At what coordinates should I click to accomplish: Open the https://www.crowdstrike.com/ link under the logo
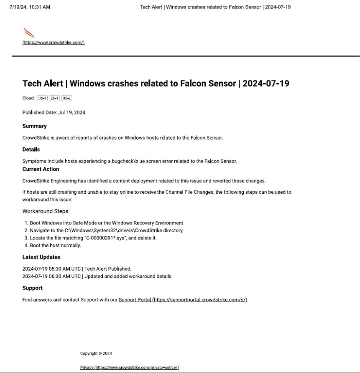[x=54, y=43]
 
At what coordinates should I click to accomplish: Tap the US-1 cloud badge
[x=42, y=99]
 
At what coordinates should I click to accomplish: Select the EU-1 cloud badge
[x=54, y=99]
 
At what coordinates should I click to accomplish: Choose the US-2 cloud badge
[x=67, y=99]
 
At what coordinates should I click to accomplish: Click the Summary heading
[x=34, y=126]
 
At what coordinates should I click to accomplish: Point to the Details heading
[x=31, y=149]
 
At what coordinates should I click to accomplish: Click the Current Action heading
[x=41, y=169]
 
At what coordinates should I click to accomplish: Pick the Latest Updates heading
[x=41, y=257]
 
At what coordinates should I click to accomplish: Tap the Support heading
[x=32, y=288]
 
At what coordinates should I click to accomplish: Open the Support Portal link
[x=183, y=300]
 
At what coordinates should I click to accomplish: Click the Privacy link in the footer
[x=130, y=367]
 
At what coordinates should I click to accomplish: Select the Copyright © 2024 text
[x=96, y=353]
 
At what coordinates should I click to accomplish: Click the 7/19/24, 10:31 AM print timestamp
[x=30, y=7]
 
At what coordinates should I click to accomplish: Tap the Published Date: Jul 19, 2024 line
[x=54, y=113]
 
